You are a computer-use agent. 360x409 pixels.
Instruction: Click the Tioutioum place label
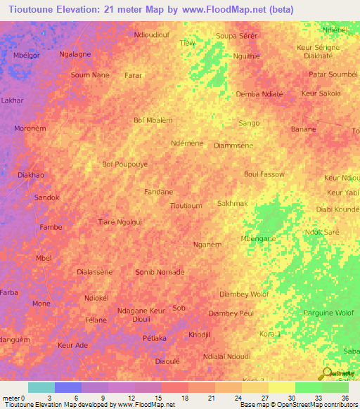(186, 206)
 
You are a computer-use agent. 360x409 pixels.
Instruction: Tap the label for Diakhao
(30, 175)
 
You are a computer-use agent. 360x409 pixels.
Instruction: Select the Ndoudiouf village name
(151, 34)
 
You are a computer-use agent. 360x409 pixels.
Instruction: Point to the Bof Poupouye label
(125, 164)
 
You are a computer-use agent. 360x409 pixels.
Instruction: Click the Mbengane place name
(258, 239)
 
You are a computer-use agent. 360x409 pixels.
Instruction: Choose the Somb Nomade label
(160, 272)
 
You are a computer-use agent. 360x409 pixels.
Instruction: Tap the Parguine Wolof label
(328, 313)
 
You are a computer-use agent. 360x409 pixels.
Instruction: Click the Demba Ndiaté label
(259, 93)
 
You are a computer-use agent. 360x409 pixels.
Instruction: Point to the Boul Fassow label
(264, 174)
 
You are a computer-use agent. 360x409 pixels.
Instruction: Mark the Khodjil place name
(199, 335)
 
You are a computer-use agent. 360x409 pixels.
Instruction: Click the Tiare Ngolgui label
(120, 222)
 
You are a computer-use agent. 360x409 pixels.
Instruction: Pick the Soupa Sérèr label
(237, 35)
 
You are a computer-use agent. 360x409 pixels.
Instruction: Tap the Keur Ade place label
(72, 345)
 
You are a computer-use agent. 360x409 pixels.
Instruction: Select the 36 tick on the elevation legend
(346, 397)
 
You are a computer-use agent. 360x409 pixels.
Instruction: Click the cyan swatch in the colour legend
(41, 387)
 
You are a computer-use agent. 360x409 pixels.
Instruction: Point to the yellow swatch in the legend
(282, 387)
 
